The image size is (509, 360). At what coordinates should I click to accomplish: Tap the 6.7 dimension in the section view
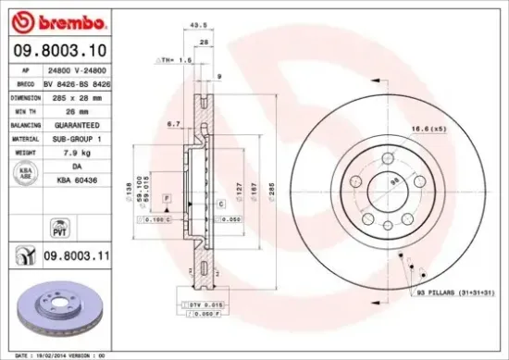click(x=173, y=122)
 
